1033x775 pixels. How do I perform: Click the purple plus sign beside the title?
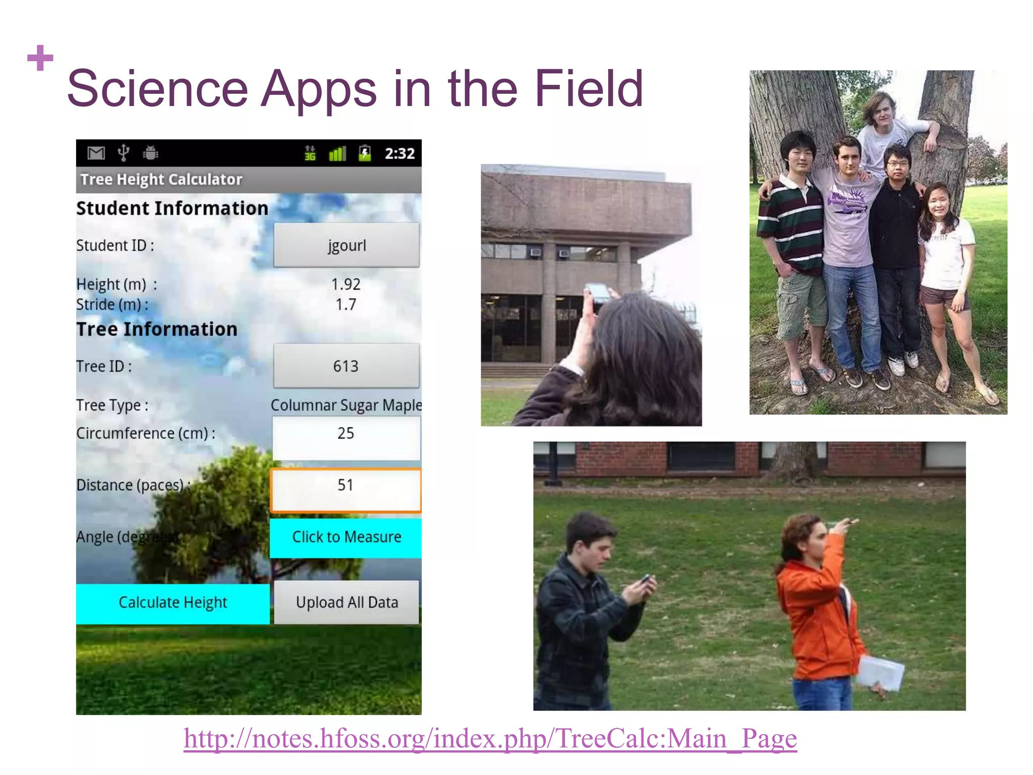tap(40, 58)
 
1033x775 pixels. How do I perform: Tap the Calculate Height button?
tap(173, 603)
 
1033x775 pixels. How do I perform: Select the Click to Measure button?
tap(346, 537)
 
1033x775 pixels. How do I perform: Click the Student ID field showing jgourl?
tap(346, 245)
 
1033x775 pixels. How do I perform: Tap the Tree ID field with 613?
tap(346, 366)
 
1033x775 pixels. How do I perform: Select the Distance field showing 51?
tap(346, 489)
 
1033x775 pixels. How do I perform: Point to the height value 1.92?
tap(346, 284)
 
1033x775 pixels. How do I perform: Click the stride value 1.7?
tap(346, 304)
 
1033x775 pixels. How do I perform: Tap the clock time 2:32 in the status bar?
tap(399, 153)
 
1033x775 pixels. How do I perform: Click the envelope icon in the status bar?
tap(96, 152)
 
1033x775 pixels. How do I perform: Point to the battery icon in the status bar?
tap(365, 153)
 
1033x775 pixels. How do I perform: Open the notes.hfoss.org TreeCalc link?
tap(490, 739)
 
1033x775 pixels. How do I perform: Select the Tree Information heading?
tap(156, 329)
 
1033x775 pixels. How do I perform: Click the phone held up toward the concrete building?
tap(598, 292)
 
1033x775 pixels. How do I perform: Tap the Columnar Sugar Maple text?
tap(346, 405)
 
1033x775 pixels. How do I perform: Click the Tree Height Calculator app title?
tap(161, 180)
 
